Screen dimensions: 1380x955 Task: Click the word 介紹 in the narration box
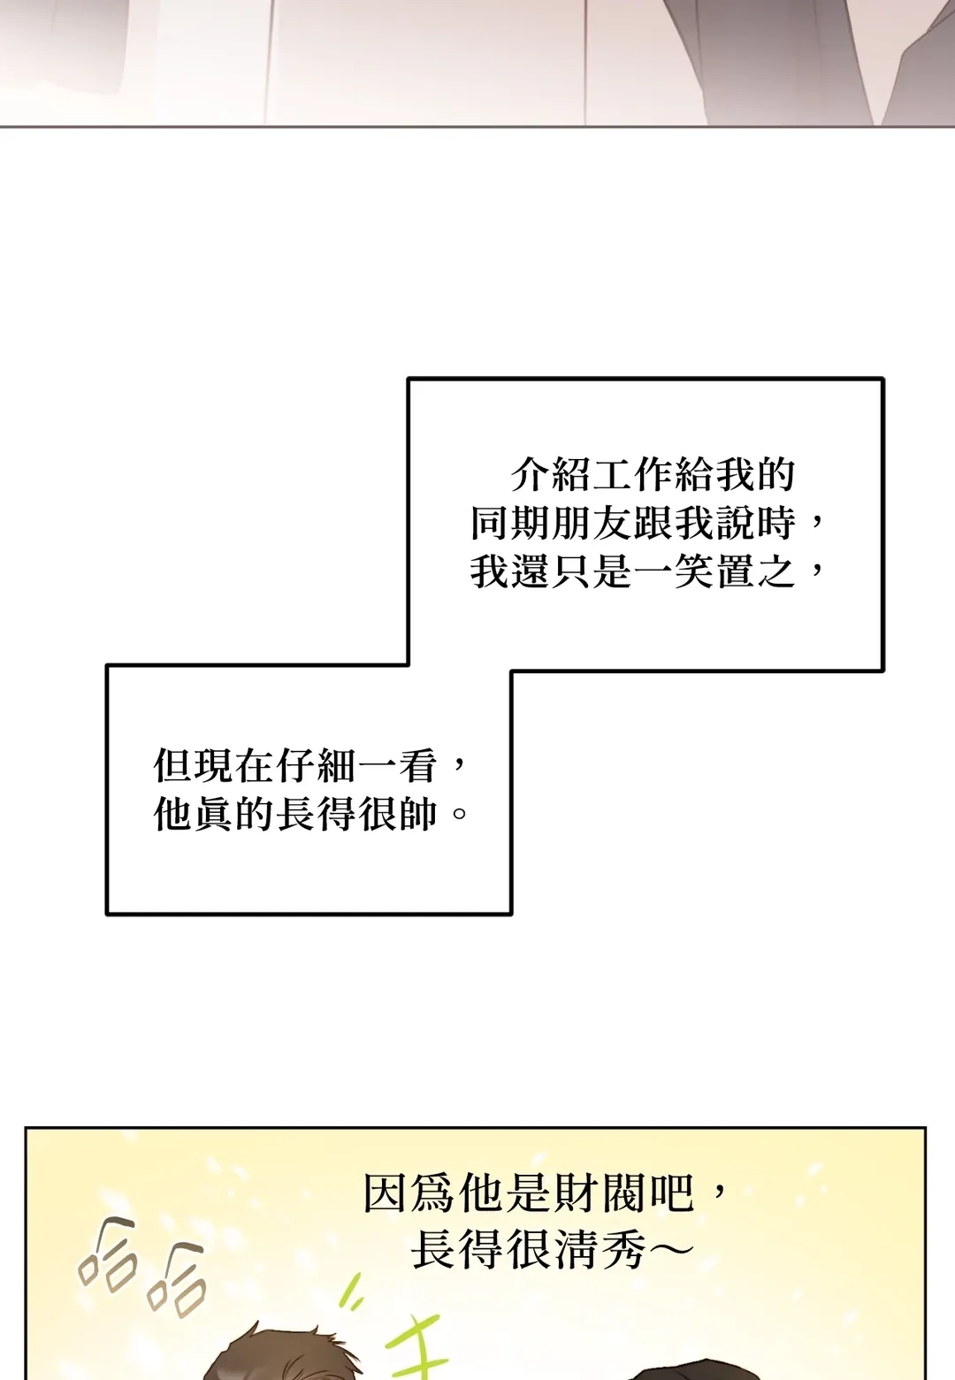(x=550, y=476)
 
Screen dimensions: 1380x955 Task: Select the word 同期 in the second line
(x=509, y=524)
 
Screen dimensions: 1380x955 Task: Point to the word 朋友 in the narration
(x=592, y=524)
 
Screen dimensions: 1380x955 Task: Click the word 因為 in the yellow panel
(x=410, y=1194)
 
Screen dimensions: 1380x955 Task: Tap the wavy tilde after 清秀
(x=670, y=1251)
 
